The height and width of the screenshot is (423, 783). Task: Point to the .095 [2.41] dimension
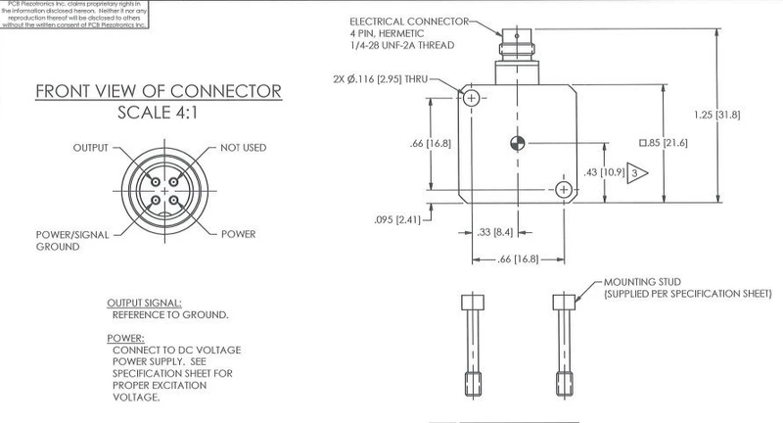coord(397,219)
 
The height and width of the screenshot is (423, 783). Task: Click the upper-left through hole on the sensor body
coord(473,99)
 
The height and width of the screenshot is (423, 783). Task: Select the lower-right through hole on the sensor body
coord(564,190)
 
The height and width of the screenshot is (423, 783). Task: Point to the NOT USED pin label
coord(244,148)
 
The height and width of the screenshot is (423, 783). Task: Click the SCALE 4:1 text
coord(159,113)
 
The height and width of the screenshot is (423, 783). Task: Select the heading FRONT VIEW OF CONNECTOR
coord(159,92)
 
